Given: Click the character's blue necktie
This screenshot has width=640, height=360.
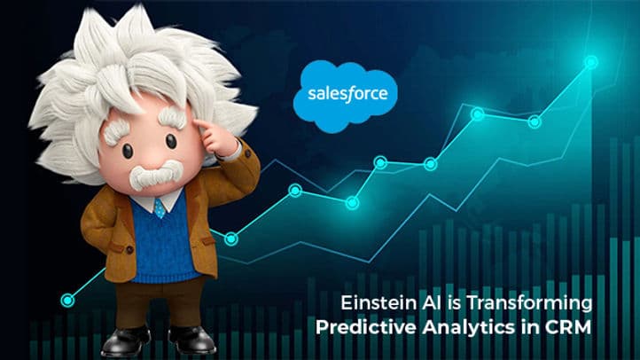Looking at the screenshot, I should [x=160, y=208].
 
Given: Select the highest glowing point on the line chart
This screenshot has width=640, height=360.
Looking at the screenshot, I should [x=591, y=62].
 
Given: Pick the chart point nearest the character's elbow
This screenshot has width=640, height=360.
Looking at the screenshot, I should [x=230, y=238].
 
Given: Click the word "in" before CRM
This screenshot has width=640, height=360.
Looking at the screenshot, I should [x=522, y=326].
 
